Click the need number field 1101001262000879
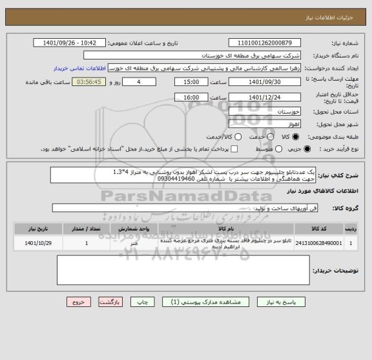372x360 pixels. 268,43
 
